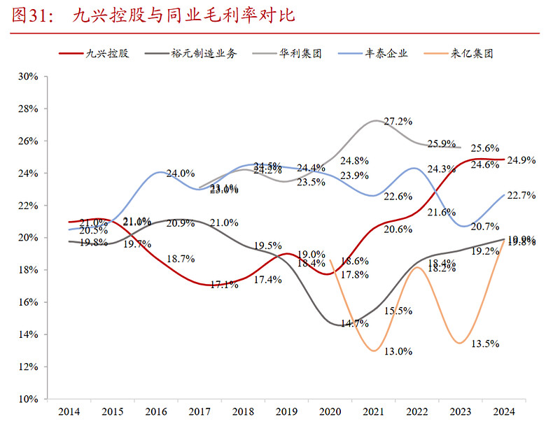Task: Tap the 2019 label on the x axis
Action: coord(287,411)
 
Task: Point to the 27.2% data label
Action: coord(398,122)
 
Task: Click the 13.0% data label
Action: coord(398,351)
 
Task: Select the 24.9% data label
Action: coord(521,160)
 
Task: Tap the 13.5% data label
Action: coord(484,343)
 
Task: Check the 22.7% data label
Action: coord(521,197)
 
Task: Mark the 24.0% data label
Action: coord(180,173)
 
